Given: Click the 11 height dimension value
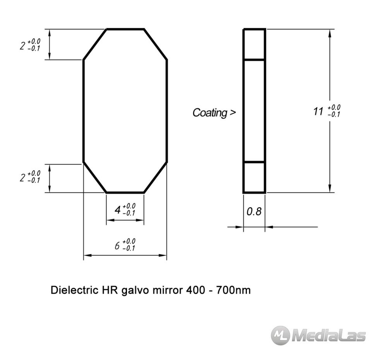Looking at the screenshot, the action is (319, 111).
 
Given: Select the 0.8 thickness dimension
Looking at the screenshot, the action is (254, 212).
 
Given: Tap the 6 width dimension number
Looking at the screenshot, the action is (117, 246).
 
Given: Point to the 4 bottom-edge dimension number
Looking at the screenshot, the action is (118, 210).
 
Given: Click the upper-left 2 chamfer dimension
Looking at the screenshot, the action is (22, 46).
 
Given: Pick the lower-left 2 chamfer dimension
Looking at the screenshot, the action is (22, 178).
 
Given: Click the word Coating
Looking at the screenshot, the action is (210, 113).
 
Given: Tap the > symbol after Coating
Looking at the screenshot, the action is (233, 113).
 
